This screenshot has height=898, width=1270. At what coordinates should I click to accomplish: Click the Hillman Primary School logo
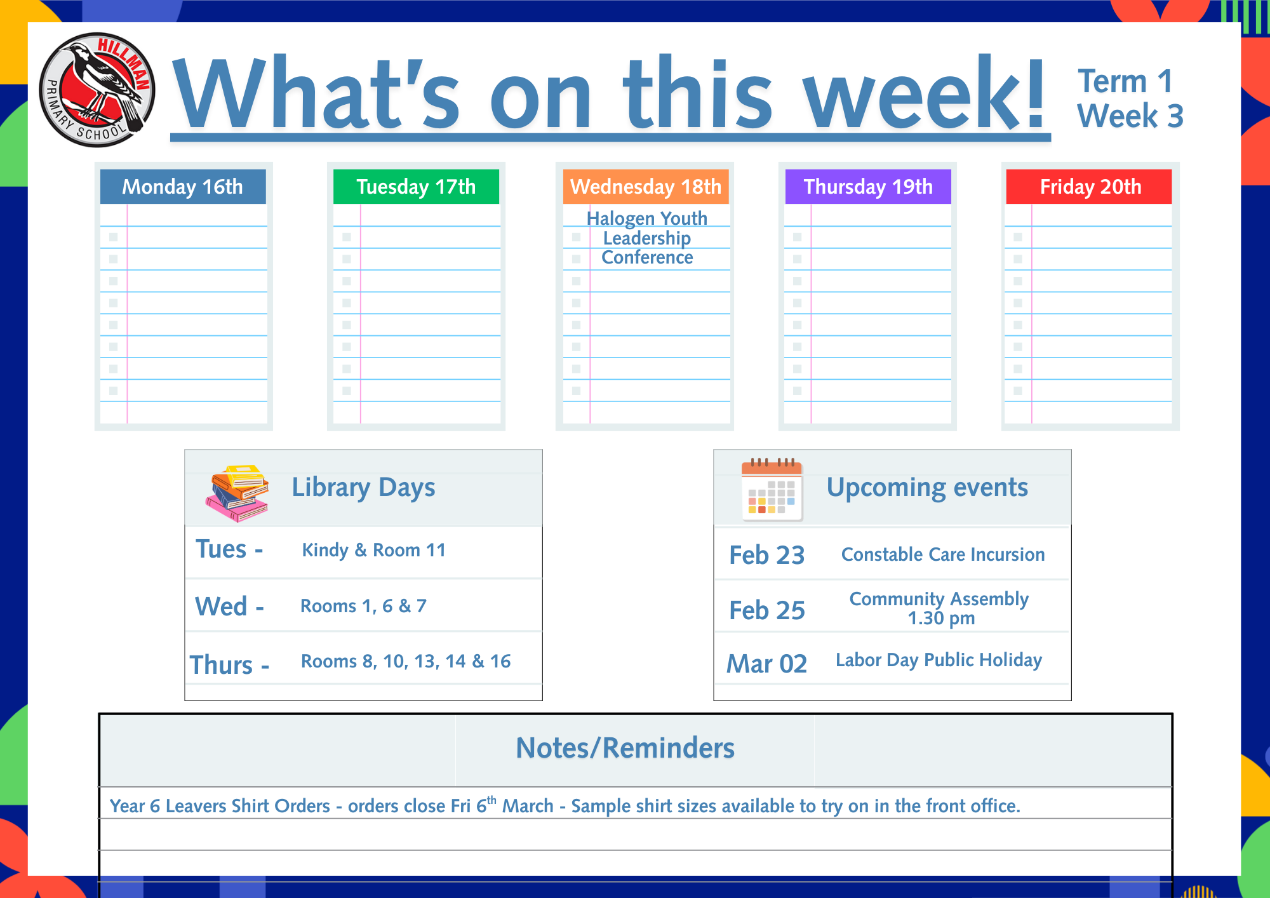97,90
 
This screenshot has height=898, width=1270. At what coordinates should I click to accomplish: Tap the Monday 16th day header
183,187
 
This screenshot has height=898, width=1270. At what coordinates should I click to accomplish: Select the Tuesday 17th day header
416,187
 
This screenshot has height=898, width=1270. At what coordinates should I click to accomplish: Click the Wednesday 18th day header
646,187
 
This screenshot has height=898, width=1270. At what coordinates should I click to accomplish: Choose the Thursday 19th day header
868,187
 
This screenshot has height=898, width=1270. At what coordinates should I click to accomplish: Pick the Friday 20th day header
1089,187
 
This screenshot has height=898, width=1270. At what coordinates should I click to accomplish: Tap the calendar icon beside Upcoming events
772,490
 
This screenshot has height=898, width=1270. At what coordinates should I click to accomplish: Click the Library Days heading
363,488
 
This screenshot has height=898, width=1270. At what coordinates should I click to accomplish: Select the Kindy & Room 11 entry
374,550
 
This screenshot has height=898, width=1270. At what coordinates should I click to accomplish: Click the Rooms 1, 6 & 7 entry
363,606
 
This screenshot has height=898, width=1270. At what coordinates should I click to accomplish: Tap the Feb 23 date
767,555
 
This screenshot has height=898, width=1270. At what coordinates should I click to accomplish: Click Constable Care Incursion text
943,554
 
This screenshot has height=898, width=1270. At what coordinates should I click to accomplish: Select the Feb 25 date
767,610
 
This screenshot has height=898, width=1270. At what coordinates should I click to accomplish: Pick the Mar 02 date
767,664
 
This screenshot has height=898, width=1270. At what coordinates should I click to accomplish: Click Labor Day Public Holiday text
939,660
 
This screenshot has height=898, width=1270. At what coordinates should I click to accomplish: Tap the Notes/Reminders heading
625,748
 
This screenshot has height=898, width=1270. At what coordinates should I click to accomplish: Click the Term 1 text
1125,81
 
